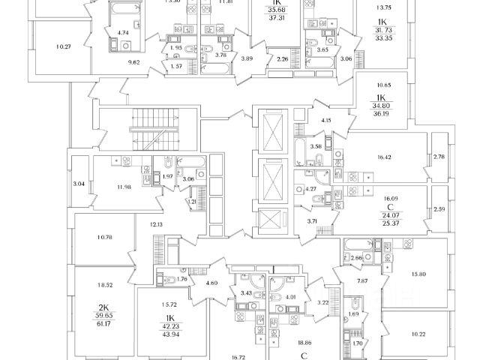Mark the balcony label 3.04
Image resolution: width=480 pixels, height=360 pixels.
(x=79, y=183)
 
